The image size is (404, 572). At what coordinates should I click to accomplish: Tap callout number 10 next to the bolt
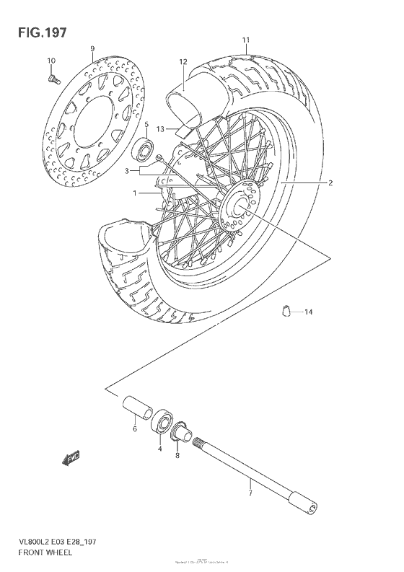(50, 60)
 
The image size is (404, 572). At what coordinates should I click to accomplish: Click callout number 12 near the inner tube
(183, 62)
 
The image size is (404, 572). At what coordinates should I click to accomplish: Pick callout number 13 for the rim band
(161, 129)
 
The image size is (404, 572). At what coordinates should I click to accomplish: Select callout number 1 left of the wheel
(134, 193)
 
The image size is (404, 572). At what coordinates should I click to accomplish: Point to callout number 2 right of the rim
(330, 183)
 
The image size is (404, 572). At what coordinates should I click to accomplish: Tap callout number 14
(309, 312)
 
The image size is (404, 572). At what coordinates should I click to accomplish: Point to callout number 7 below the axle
(250, 493)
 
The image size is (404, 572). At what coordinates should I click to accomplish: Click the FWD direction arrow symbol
(71, 457)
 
